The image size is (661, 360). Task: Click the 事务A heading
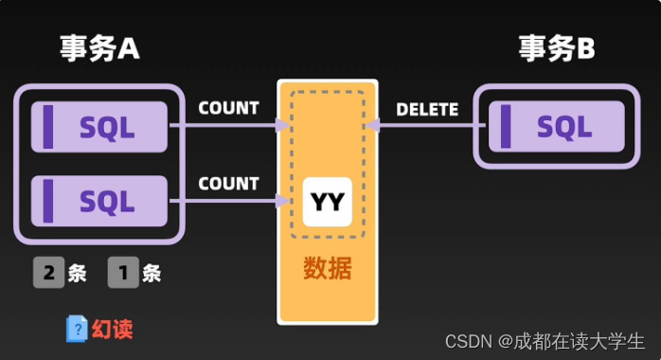pyautogui.click(x=99, y=48)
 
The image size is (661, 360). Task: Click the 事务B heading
pyautogui.click(x=557, y=48)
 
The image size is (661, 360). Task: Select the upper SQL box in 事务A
pyautogui.click(x=99, y=127)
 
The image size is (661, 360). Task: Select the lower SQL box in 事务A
pyautogui.click(x=99, y=201)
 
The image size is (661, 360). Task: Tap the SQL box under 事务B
pyautogui.click(x=557, y=126)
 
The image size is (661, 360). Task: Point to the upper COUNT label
pyautogui.click(x=228, y=108)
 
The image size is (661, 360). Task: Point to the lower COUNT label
pyautogui.click(x=228, y=184)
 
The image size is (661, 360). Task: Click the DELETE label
pyautogui.click(x=427, y=110)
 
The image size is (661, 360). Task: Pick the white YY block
pyautogui.click(x=328, y=202)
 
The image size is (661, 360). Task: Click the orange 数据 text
pyautogui.click(x=328, y=268)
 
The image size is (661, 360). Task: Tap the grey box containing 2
pyautogui.click(x=49, y=272)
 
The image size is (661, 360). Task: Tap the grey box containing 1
pyautogui.click(x=123, y=272)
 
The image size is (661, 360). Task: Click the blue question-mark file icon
pyautogui.click(x=77, y=329)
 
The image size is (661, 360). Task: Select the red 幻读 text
pyautogui.click(x=113, y=330)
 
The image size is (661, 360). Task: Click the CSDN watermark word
pyautogui.click(x=469, y=341)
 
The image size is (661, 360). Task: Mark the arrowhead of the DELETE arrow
pyautogui.click(x=373, y=125)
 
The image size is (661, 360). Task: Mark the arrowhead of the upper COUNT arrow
pyautogui.click(x=282, y=125)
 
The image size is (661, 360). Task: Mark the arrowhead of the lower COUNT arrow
pyautogui.click(x=282, y=200)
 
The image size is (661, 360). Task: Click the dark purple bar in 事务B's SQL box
pyautogui.click(x=506, y=126)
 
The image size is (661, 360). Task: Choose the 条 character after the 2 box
pyautogui.click(x=77, y=273)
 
